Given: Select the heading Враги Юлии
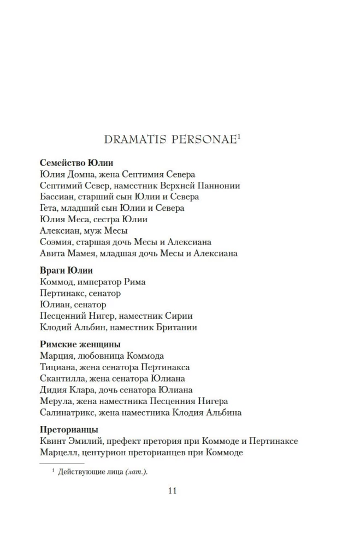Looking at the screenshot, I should (x=67, y=270).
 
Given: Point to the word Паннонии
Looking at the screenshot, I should (x=218, y=186).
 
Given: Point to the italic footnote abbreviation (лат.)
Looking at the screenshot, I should (x=136, y=472).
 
